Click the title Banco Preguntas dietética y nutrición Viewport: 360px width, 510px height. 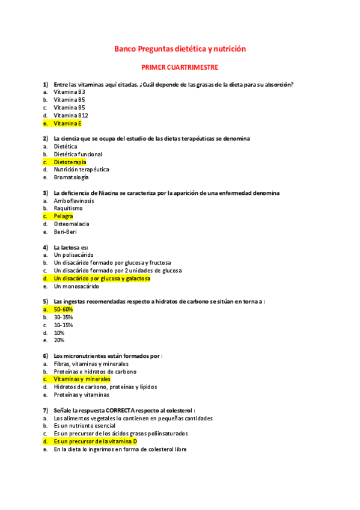180,49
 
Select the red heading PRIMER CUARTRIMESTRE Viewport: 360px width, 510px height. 180,67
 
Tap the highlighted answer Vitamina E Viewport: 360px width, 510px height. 67,123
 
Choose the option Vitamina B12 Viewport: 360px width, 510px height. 71,115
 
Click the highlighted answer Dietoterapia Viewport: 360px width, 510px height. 70,162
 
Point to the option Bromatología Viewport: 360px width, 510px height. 71,177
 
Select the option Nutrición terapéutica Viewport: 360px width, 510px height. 81,170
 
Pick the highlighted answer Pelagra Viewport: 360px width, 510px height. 63,216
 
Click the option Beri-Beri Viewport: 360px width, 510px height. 66,232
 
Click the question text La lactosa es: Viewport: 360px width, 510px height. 71,247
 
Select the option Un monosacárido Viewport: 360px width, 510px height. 76,286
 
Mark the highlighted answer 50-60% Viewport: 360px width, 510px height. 63,309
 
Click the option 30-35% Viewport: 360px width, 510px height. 63,317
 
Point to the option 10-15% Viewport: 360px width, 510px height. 63,325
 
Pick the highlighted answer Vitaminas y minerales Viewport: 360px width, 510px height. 82,379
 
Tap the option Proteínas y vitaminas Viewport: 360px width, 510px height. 82,395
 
